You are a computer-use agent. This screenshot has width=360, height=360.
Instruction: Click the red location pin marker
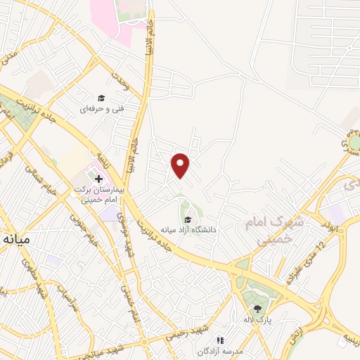(x=181, y=165)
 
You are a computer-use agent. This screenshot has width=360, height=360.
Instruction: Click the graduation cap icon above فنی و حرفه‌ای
(x=101, y=98)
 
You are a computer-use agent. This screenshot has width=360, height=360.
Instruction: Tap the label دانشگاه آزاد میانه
(x=188, y=229)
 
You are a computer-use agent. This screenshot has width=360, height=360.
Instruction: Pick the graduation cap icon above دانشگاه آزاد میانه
(x=187, y=219)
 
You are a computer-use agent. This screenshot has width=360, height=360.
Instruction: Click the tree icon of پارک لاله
(x=257, y=308)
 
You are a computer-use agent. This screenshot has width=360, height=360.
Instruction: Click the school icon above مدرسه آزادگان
(x=219, y=340)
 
